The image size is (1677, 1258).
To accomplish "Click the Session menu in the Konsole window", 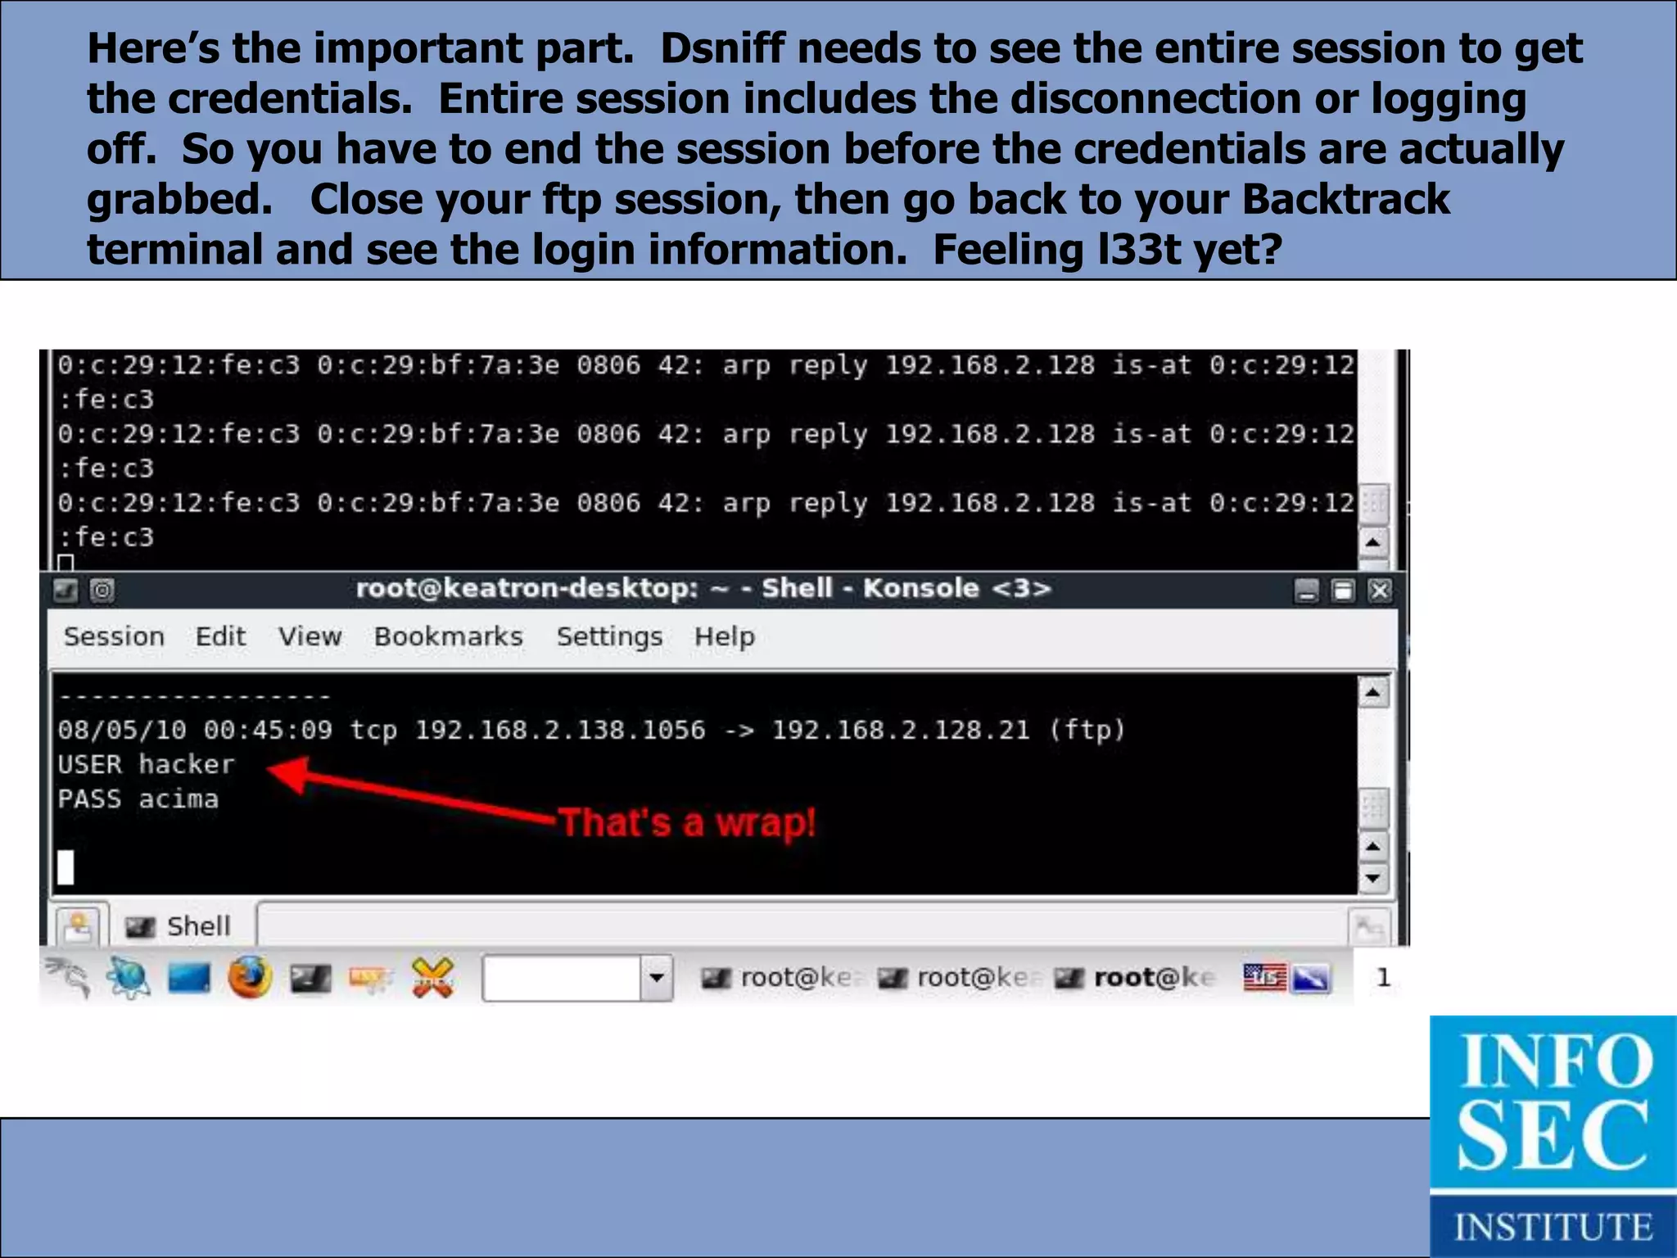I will click(114, 636).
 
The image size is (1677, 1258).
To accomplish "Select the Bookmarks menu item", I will click(448, 636).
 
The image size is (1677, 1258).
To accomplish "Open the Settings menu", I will click(609, 636).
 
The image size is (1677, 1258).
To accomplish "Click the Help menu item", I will click(724, 636).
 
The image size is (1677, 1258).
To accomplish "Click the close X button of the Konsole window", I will click(1380, 590).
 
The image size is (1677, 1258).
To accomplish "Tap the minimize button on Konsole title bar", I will click(1307, 590).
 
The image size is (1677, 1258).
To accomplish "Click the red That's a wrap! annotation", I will click(686, 822).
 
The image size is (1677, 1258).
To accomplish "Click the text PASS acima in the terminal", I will click(138, 799).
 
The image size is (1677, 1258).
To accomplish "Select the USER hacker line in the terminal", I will click(146, 764).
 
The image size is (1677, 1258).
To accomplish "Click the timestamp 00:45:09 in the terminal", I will click(268, 730).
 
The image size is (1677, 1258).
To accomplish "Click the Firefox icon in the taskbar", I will click(250, 977).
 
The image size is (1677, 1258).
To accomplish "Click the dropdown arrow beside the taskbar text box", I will click(656, 977).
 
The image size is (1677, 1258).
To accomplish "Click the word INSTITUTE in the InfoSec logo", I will click(1553, 1227).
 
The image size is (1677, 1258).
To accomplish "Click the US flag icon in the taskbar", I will click(1264, 977).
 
